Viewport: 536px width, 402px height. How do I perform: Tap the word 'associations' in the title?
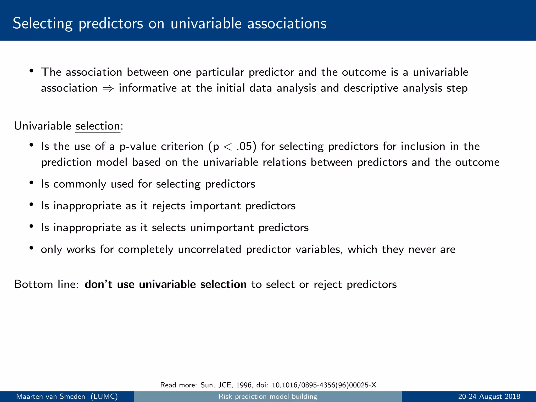[287, 24]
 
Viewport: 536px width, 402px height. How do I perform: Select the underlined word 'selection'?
[98, 126]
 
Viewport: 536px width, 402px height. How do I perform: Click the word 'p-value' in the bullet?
[138, 147]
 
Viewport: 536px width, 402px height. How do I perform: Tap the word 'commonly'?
[80, 184]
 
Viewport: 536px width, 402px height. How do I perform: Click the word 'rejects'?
[169, 206]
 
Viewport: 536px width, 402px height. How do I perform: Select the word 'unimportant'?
[222, 228]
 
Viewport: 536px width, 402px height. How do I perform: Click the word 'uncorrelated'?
[209, 249]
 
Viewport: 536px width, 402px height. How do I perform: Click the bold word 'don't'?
[98, 284]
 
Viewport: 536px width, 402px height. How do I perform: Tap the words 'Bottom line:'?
[46, 284]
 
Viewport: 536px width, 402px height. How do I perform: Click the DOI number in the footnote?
[324, 385]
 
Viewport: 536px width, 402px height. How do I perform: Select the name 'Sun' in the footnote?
[206, 385]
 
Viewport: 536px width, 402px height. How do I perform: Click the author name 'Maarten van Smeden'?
[51, 397]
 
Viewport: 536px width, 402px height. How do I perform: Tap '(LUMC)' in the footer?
[104, 397]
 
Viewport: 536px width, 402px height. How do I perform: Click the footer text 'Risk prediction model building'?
[268, 397]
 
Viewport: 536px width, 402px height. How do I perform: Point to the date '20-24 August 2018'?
[489, 397]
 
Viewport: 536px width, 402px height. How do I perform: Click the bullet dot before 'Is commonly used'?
[31, 183]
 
